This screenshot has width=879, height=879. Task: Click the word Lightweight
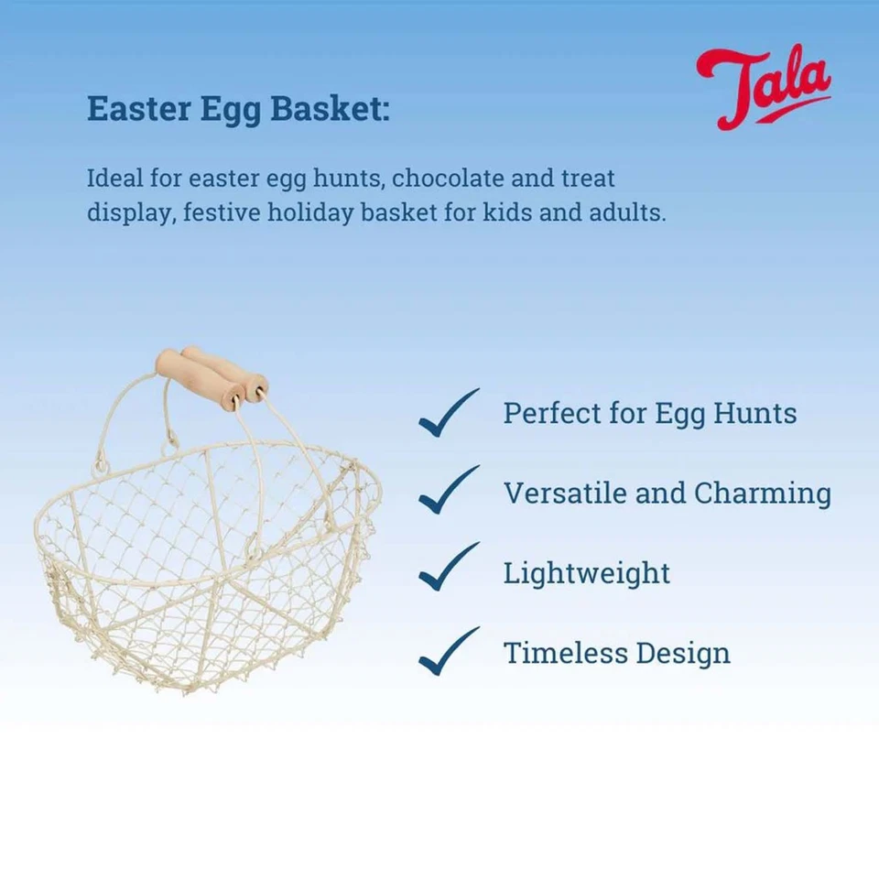587,574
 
